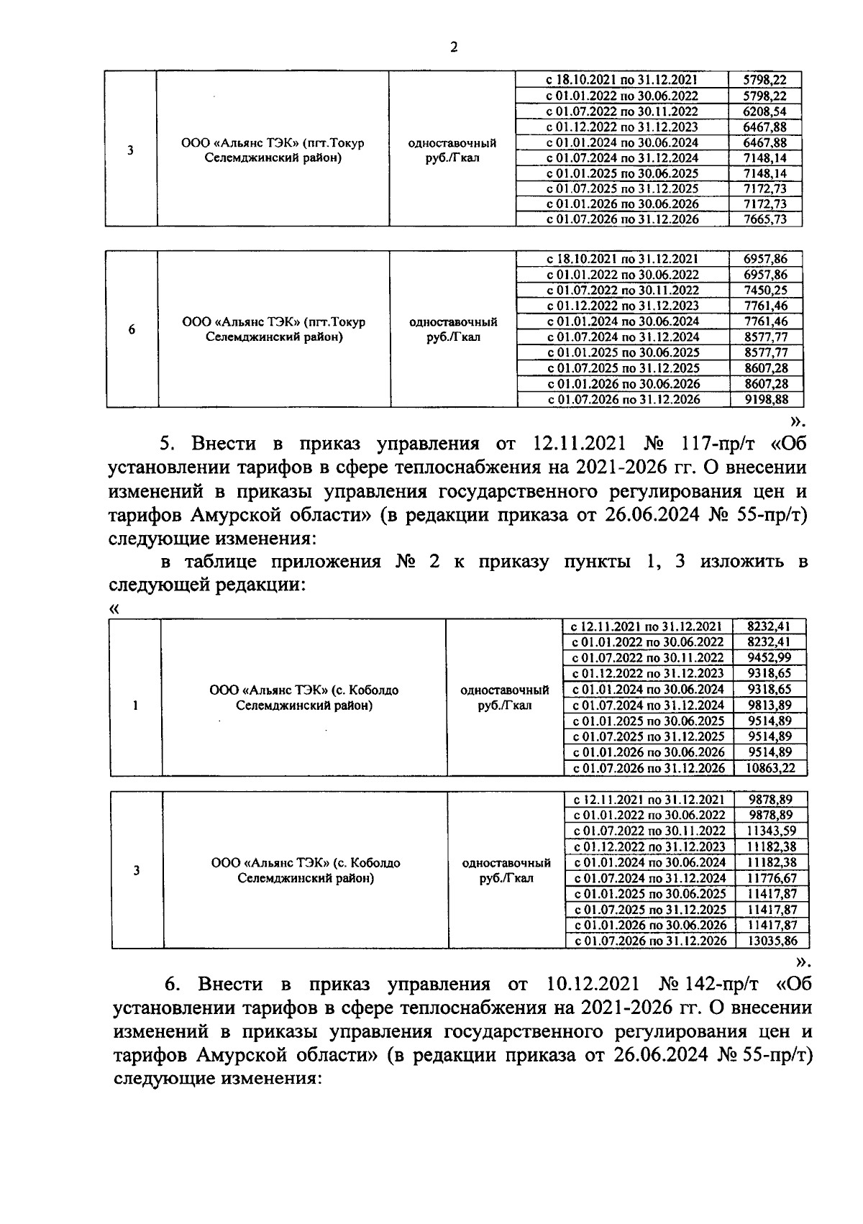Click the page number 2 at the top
coord(452,47)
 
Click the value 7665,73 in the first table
coord(766,219)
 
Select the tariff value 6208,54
coord(766,111)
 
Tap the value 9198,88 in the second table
coord(767,399)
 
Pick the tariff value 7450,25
coord(767,290)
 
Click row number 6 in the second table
coord(132,330)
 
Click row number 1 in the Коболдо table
coord(135,705)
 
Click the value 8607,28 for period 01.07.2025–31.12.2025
coord(767,368)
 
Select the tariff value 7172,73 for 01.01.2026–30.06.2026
coord(766,204)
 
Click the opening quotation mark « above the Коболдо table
coord(114,609)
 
